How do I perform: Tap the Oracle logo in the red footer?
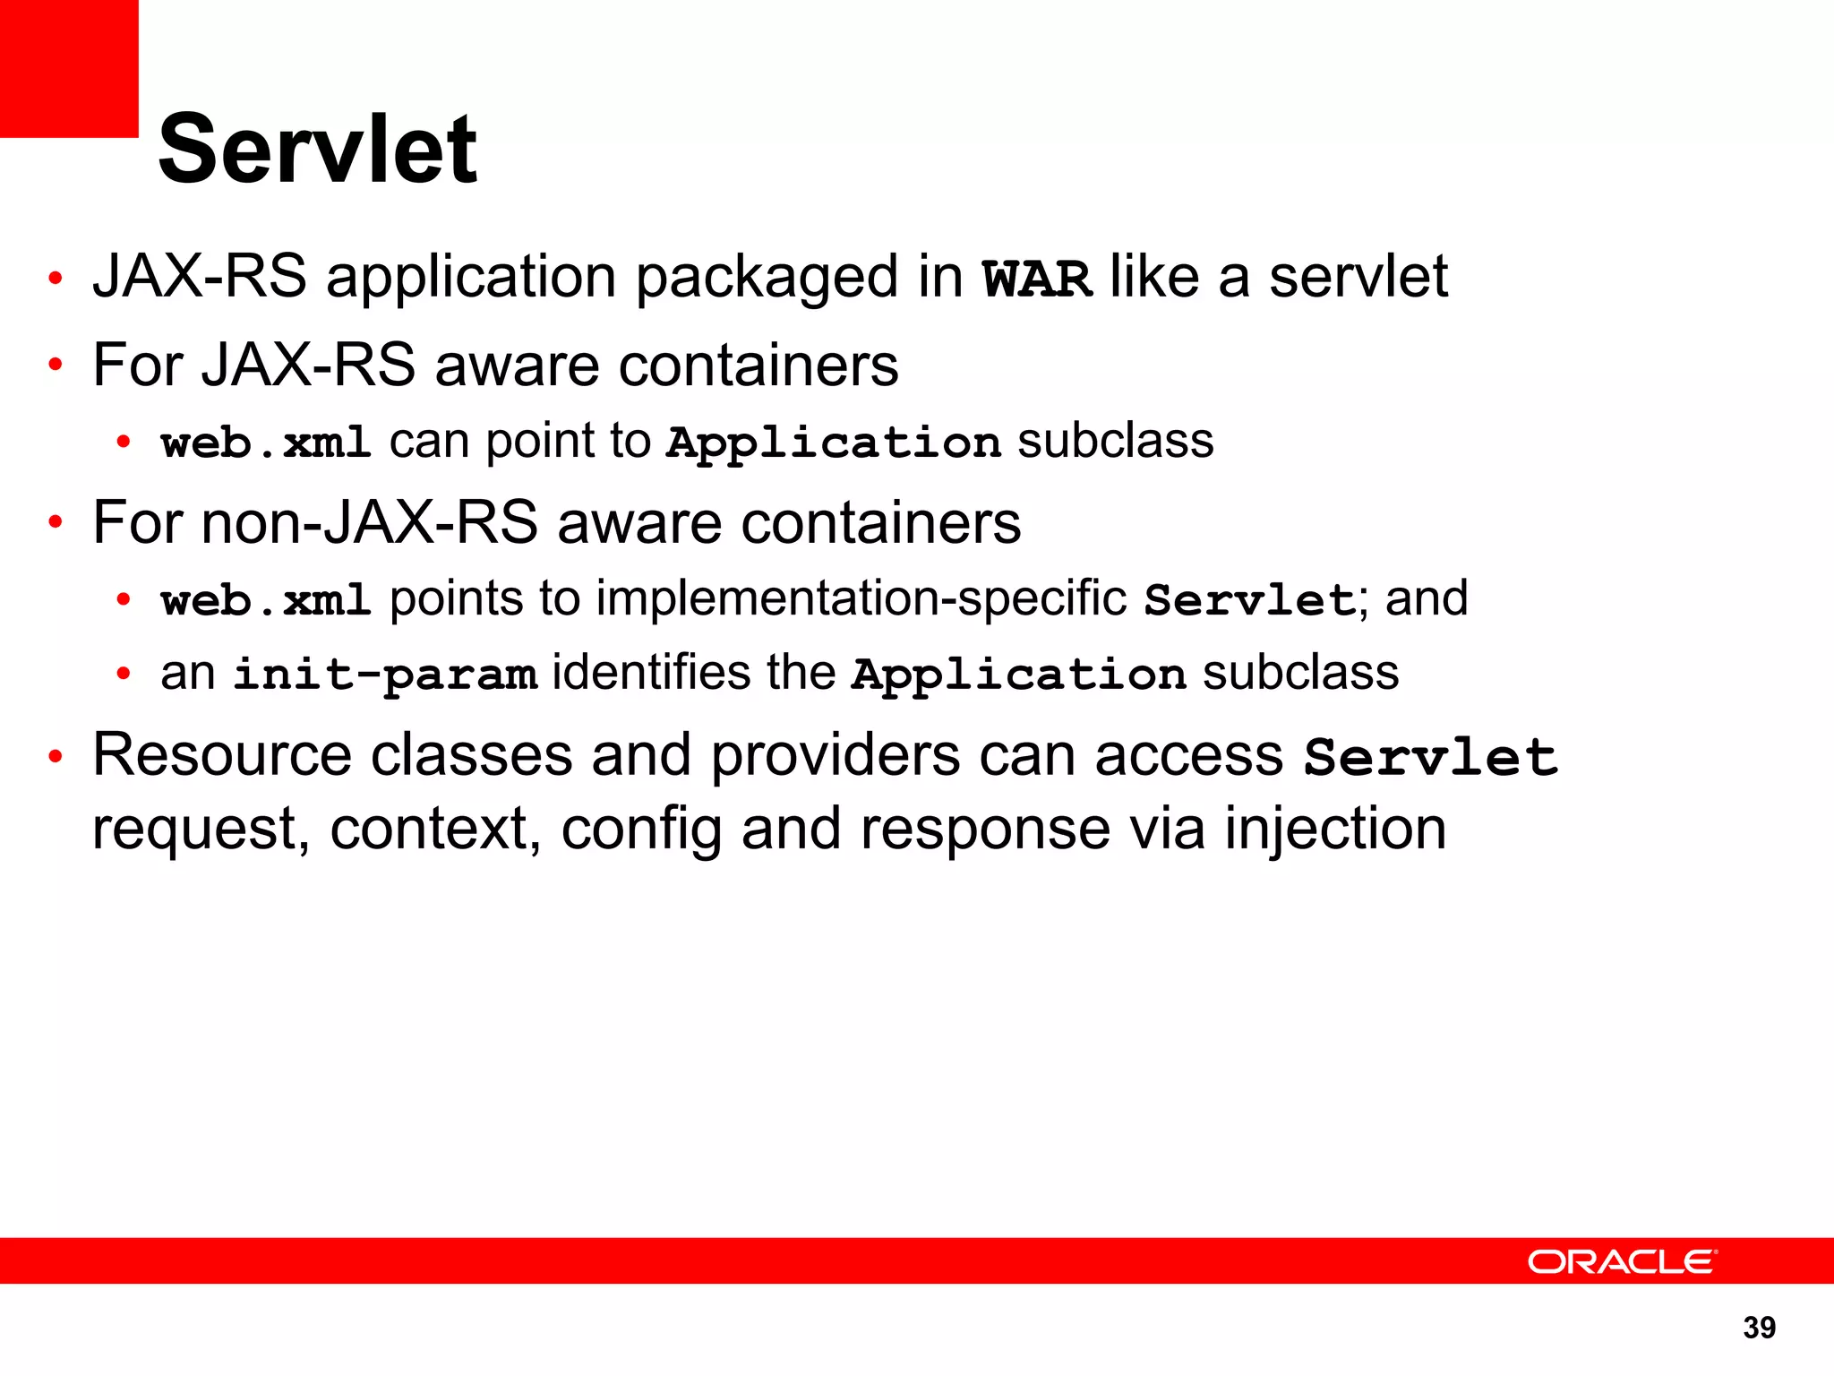[1622, 1261]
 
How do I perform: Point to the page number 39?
[1759, 1328]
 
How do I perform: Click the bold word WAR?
[1037, 279]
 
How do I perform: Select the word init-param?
[385, 675]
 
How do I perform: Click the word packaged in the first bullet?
[767, 278]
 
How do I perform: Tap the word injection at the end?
[1335, 829]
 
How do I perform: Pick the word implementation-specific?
[861, 598]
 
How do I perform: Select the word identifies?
[651, 673]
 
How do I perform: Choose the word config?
[641, 830]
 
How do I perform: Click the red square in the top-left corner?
[69, 68]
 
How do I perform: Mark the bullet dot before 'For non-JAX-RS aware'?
[56, 522]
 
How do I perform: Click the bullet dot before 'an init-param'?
[124, 674]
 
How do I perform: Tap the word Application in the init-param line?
[1019, 675]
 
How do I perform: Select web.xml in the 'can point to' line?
[266, 443]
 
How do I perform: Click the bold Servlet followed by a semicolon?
[1251, 600]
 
